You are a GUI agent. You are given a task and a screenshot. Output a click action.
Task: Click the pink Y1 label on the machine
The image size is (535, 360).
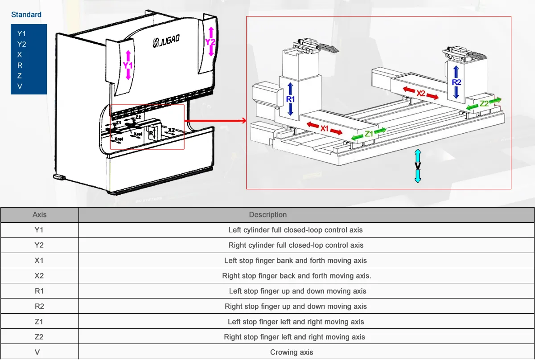tap(128, 65)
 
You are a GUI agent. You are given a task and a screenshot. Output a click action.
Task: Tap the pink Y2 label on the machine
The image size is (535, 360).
tap(210, 41)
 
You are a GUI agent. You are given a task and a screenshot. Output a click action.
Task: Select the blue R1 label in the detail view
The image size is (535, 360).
tap(290, 99)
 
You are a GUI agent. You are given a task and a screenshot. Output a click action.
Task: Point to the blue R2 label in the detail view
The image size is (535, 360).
tap(456, 82)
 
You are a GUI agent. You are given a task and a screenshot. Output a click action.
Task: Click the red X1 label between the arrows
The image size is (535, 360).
tap(325, 128)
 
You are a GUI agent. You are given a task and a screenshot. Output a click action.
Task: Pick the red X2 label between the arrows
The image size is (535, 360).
tap(421, 94)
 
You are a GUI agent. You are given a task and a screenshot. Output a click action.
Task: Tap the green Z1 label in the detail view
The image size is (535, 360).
tap(369, 134)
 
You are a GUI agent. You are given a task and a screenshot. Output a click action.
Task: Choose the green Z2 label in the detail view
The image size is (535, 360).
tap(484, 104)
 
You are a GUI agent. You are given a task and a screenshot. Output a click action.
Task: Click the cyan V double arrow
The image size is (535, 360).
tap(418, 166)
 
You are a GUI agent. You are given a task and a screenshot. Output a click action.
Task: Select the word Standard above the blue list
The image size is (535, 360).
tap(26, 15)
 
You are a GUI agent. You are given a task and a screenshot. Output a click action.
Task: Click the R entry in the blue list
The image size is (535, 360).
tap(20, 65)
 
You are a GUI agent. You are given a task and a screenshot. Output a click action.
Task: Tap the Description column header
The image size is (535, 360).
tap(267, 215)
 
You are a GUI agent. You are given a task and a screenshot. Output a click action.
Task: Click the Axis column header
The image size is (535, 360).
tap(39, 215)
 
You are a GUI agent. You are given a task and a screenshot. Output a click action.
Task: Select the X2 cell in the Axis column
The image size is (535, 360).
tap(39, 276)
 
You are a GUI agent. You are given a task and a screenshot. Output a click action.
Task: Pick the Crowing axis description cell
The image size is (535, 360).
tap(292, 352)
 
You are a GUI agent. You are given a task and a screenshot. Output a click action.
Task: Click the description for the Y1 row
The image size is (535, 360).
tap(295, 230)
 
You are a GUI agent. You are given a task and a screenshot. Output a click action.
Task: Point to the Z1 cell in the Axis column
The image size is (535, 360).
tap(39, 322)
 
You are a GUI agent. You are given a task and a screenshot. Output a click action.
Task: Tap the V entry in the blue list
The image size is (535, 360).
tap(20, 86)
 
